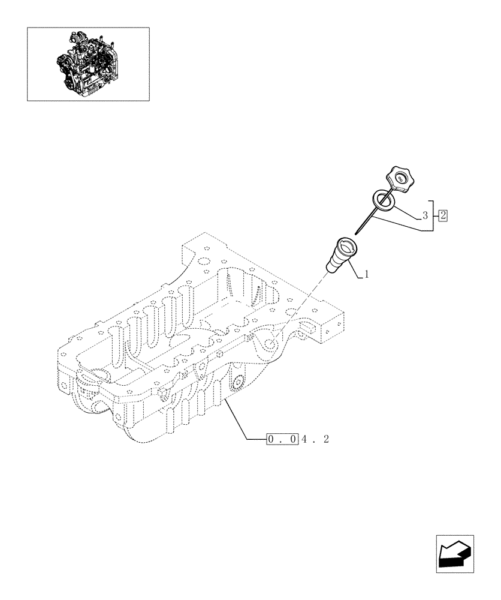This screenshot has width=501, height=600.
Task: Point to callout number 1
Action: click(x=366, y=275)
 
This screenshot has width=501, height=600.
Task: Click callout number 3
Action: click(x=424, y=215)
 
